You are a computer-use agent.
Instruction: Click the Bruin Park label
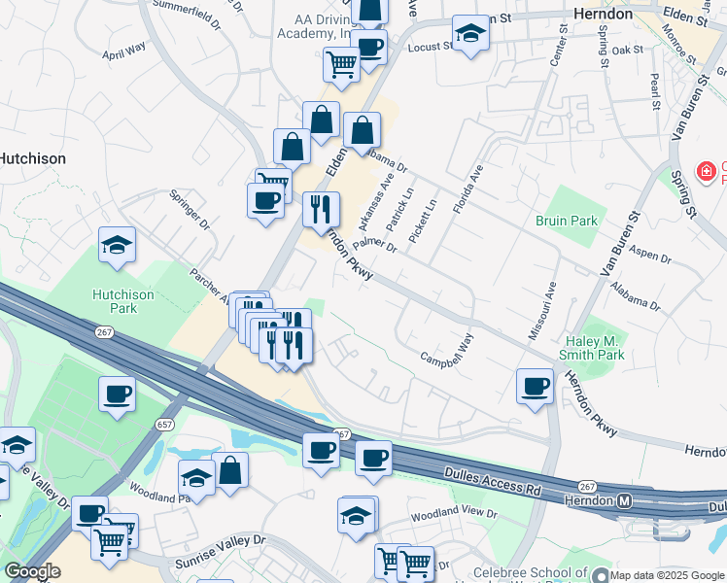[x=567, y=221]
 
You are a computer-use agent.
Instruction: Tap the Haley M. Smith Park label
[x=595, y=348]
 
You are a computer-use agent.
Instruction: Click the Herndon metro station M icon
[x=626, y=500]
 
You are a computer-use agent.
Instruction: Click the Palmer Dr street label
[x=376, y=245]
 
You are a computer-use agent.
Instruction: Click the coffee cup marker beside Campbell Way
[x=535, y=387]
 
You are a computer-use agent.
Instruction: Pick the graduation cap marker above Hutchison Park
[x=117, y=245]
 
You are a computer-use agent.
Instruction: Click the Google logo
[x=32, y=571]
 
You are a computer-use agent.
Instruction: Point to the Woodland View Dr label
[x=454, y=513]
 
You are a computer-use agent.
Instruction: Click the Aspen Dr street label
[x=650, y=255]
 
